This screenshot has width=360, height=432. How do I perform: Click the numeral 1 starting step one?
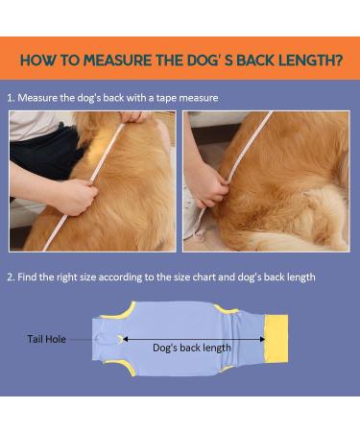click(11, 98)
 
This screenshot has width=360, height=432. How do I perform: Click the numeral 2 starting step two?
click(11, 276)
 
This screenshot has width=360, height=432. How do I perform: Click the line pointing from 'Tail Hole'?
click(82, 339)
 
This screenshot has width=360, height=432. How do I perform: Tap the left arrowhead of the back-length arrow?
click(125, 339)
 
